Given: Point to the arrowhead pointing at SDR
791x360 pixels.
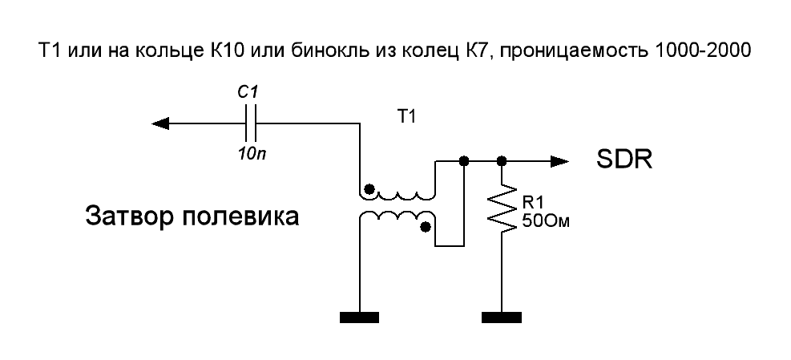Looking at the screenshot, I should point(559,160).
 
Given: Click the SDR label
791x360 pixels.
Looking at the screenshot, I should point(624,160).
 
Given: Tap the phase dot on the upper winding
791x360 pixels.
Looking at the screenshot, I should point(369,189).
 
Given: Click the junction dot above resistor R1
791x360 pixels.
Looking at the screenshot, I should point(502,160).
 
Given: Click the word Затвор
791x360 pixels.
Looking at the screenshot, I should point(130,216).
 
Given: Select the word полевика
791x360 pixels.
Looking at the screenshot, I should point(239,216).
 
